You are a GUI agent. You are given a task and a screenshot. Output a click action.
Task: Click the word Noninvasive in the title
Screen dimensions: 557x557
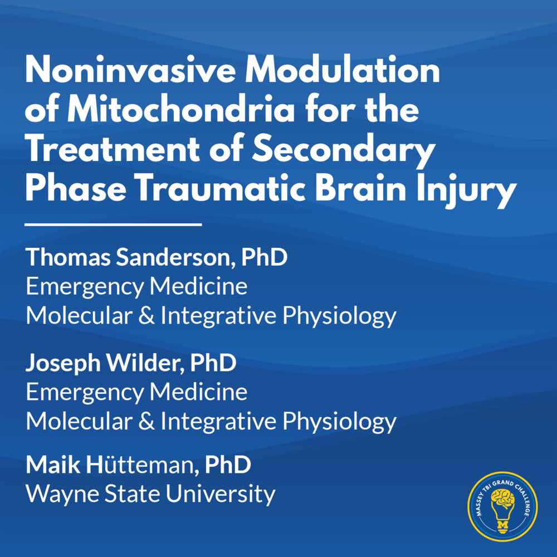tap(130, 70)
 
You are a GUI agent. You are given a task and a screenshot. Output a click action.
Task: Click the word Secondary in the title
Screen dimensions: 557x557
tap(344, 150)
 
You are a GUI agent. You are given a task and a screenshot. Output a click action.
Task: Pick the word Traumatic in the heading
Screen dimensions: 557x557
tap(221, 188)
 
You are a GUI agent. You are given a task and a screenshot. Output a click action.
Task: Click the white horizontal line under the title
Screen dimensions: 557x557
tap(113, 224)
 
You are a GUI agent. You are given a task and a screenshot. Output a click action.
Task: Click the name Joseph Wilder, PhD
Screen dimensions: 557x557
tap(131, 363)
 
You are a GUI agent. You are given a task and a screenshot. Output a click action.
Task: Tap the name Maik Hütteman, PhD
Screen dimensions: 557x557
tap(138, 465)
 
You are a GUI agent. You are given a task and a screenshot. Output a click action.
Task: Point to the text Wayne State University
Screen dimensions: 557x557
tap(150, 495)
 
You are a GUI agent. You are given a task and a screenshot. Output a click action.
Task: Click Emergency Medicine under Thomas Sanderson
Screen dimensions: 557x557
tap(136, 287)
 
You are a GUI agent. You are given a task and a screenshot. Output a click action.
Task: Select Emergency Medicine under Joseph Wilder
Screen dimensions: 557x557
tap(136, 393)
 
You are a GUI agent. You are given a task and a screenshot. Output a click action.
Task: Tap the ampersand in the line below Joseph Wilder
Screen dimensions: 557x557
tap(146, 421)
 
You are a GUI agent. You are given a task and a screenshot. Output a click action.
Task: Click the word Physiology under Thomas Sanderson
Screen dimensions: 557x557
tap(339, 316)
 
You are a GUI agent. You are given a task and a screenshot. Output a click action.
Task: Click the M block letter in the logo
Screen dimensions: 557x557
tap(502, 525)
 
